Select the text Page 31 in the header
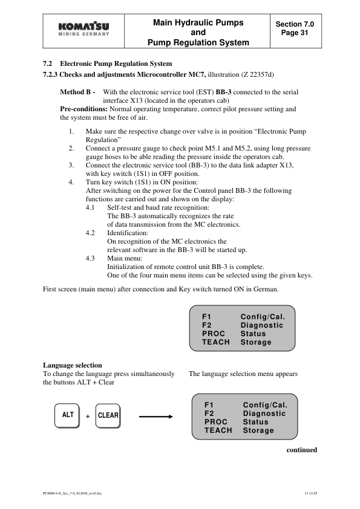pyautogui.click(x=295, y=33)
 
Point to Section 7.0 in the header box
pyautogui.click(x=295, y=24)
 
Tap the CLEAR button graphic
pyautogui.click(x=108, y=415)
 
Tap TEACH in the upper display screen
pyautogui.click(x=216, y=342)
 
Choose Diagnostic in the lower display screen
pyautogui.click(x=264, y=413)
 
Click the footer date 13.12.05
pyautogui.click(x=310, y=493)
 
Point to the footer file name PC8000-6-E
pyautogui.click(x=71, y=493)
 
